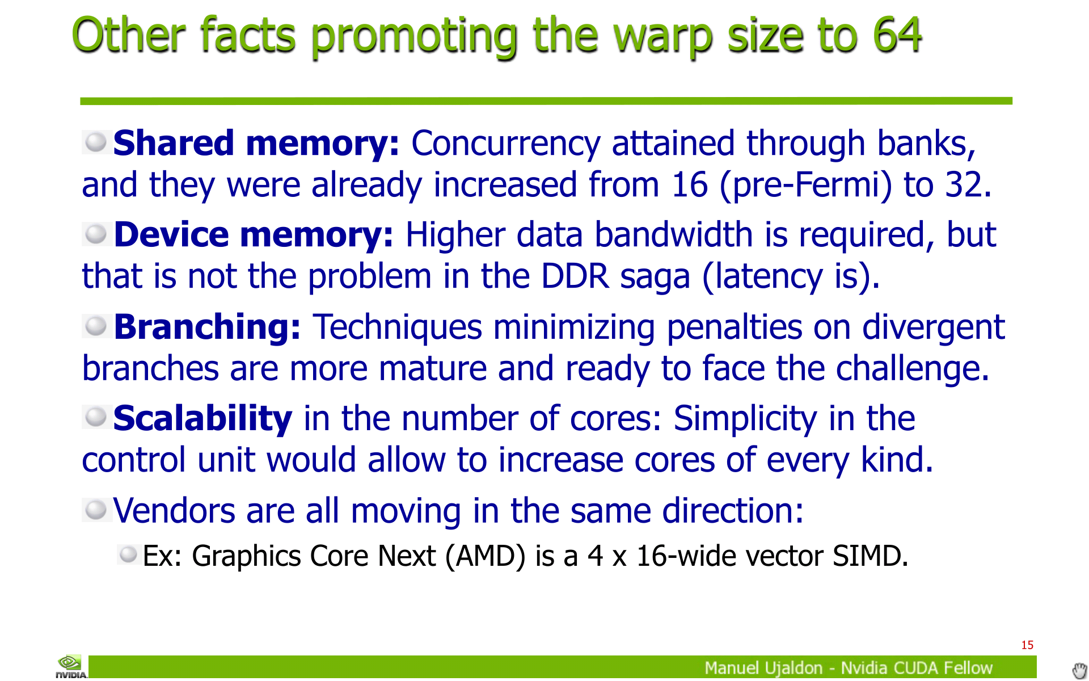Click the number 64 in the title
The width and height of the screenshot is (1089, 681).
click(x=897, y=35)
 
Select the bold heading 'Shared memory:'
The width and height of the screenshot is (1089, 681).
click(x=256, y=143)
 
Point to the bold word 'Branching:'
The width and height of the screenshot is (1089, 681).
click(x=207, y=327)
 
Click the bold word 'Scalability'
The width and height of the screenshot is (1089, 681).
click(x=202, y=419)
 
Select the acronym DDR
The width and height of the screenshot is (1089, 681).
click(x=575, y=277)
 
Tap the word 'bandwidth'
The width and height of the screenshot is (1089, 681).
click(x=674, y=234)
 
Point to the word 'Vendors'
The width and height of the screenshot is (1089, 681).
click(x=174, y=511)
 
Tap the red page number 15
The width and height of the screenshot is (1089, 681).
click(x=1027, y=645)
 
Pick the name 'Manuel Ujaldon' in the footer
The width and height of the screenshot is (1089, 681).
click(x=763, y=669)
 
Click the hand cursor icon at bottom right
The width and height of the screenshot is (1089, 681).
click(x=1080, y=670)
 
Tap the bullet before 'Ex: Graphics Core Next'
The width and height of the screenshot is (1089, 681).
click(x=129, y=554)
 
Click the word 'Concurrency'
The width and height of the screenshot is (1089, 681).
click(x=506, y=144)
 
